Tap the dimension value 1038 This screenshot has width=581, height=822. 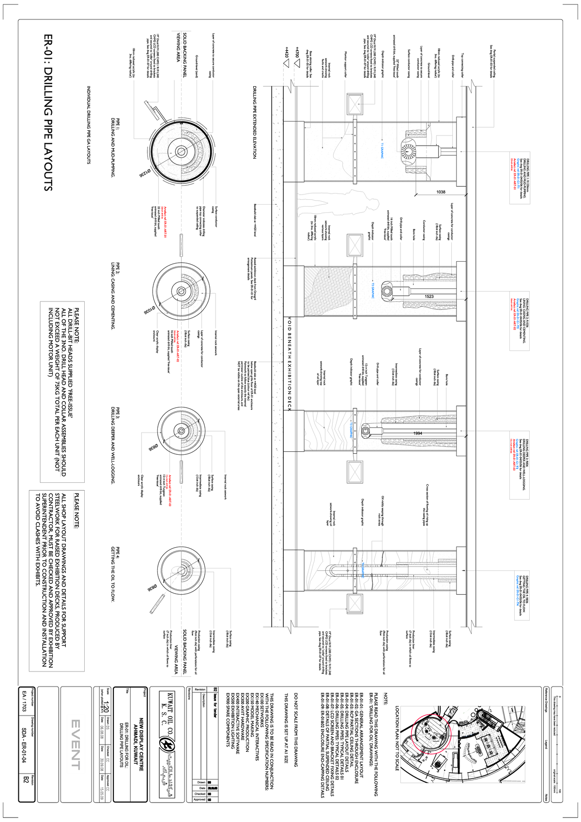coord(441,192)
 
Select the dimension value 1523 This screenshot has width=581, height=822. coord(429,296)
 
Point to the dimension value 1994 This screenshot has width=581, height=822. coord(417,433)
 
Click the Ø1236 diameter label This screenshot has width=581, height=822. coord(145,174)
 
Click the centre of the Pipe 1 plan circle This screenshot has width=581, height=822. coord(181,151)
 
